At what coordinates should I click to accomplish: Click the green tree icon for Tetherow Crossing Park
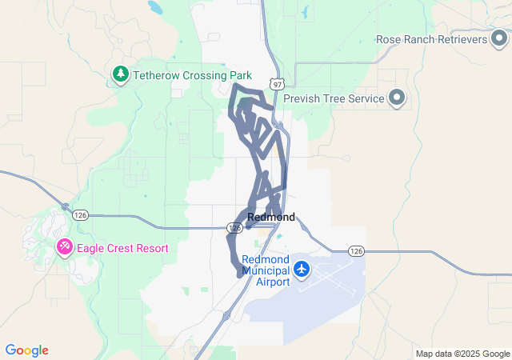(x=120, y=74)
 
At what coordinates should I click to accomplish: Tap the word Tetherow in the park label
(x=157, y=75)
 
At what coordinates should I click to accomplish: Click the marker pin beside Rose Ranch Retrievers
(x=500, y=39)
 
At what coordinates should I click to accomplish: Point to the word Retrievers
(x=460, y=39)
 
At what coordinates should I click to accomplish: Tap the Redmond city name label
(x=271, y=217)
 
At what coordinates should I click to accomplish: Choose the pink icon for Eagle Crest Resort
(x=64, y=248)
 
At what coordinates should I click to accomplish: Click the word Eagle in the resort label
(x=92, y=248)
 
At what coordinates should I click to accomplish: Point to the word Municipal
(x=266, y=271)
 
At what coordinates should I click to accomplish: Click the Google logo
(x=26, y=350)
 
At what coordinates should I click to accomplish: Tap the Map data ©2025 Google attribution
(x=462, y=354)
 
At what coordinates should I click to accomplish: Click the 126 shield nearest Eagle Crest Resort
(x=79, y=215)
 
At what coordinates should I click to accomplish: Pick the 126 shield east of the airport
(x=357, y=251)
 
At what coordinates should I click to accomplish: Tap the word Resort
(x=152, y=248)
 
